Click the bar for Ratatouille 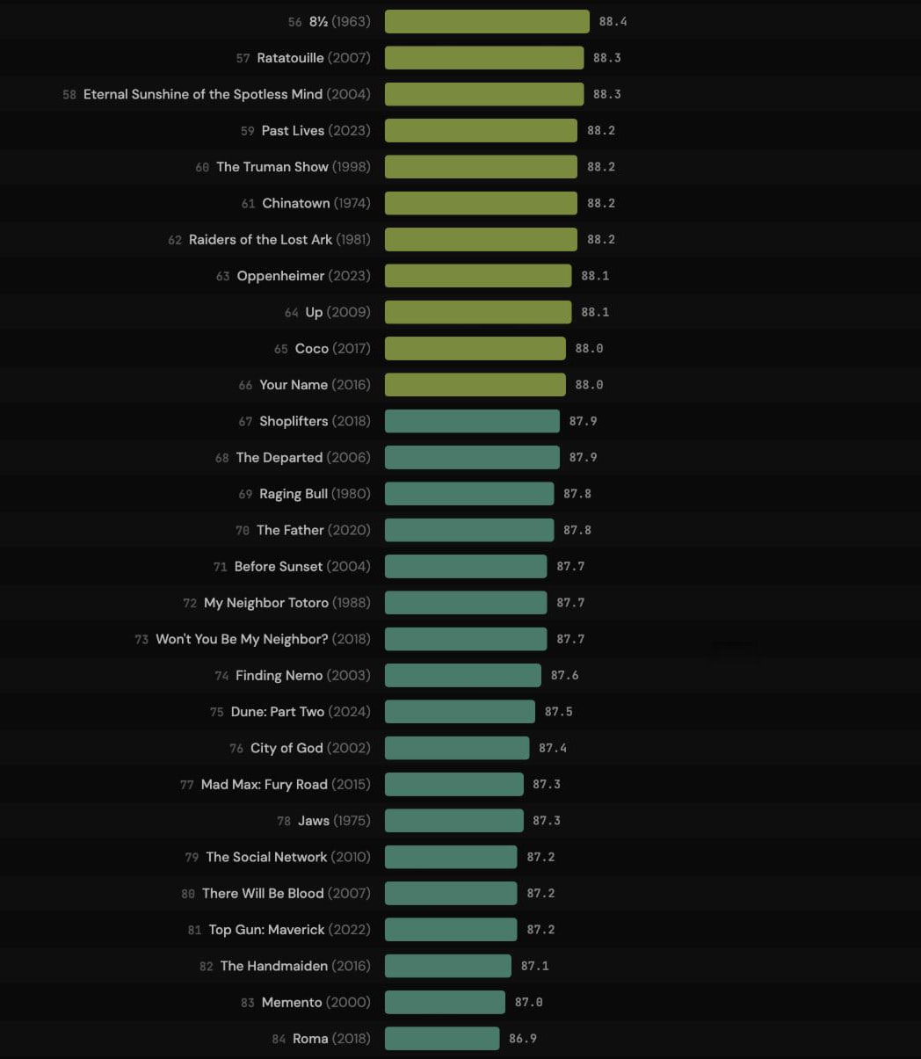(x=484, y=58)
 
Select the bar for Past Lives (x=481, y=130)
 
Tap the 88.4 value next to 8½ (x=613, y=21)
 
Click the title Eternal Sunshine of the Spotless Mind (x=203, y=94)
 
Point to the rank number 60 (x=202, y=167)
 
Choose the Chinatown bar (x=481, y=203)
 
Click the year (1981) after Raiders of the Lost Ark (x=353, y=239)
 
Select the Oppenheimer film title (x=280, y=276)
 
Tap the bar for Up (x=478, y=312)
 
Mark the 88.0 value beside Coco (x=589, y=349)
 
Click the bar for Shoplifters (x=472, y=421)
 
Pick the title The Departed (x=279, y=458)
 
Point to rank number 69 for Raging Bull (x=245, y=494)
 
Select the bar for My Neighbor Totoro (x=466, y=603)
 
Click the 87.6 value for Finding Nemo (x=564, y=676)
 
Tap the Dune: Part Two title (x=277, y=712)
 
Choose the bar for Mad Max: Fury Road (x=453, y=785)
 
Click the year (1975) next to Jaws (x=352, y=821)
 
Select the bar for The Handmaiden (x=447, y=966)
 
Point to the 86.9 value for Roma (x=522, y=1039)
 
